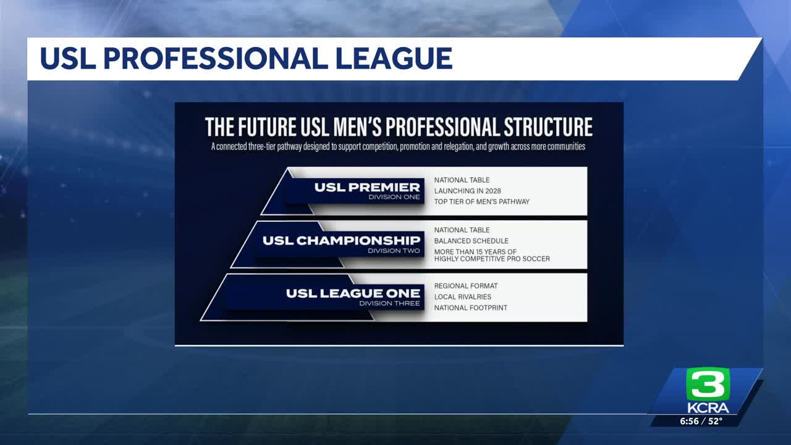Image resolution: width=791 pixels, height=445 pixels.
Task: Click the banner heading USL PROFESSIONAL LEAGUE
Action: coord(246,59)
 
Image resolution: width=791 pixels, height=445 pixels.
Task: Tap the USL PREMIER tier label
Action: coord(366,187)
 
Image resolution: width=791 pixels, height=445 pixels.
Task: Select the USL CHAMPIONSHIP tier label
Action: coord(341,240)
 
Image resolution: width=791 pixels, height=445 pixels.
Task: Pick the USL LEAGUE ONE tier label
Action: coord(353,293)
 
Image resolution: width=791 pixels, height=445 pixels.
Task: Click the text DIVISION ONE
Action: coord(394,197)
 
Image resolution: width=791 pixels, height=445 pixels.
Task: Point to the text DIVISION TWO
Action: coord(394,250)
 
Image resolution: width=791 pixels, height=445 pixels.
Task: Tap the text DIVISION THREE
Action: coord(389,303)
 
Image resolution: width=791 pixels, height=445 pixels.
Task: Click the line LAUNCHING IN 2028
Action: coord(467,191)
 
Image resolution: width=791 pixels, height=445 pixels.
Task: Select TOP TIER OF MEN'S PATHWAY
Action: coord(481,201)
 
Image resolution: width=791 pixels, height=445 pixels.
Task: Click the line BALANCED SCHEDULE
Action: coord(471,241)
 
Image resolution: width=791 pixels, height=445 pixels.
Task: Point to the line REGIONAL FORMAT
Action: coord(465,286)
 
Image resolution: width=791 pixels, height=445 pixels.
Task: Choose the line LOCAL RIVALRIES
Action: coord(462,297)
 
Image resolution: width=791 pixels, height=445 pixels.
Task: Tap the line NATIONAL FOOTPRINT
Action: coord(470,308)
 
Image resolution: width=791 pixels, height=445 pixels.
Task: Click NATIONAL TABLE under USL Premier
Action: coord(462,180)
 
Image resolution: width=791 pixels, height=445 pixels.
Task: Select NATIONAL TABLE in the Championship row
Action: coord(462,230)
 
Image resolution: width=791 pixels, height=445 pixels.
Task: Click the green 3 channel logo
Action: coord(708,384)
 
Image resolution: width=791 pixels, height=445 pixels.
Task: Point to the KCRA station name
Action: coord(708,409)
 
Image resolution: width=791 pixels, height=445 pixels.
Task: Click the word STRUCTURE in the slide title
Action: coord(548,127)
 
